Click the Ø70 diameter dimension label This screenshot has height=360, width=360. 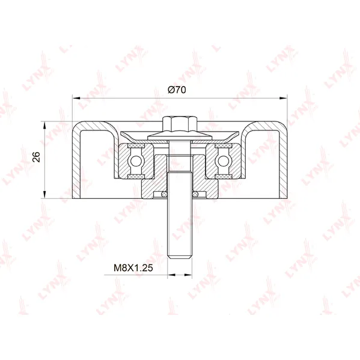(177, 90)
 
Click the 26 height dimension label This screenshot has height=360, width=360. (36, 157)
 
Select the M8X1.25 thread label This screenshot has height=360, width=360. (133, 267)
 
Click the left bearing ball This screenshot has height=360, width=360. (136, 160)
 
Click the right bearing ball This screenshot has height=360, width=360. (223, 160)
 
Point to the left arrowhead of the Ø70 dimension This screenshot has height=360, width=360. (76, 99)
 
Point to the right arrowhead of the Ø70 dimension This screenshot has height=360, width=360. (283, 99)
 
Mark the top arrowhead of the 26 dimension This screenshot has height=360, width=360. (44, 126)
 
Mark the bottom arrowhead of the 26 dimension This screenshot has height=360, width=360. (44, 195)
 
